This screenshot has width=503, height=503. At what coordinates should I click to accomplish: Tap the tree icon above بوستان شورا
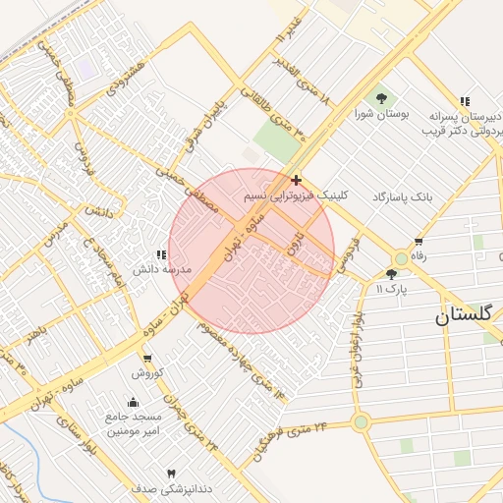(379, 98)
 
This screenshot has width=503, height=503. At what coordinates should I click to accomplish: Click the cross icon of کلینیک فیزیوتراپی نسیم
(297, 180)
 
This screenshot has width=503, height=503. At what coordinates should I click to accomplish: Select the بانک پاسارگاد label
(402, 197)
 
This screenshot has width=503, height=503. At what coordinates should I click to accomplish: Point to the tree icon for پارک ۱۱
(392, 274)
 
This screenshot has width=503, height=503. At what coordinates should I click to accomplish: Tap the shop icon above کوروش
(147, 359)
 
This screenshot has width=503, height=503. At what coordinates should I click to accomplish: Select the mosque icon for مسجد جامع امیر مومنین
(134, 402)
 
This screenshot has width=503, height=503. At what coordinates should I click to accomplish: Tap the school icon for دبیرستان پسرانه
(464, 101)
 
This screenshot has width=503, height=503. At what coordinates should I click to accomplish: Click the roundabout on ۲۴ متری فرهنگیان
(361, 423)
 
